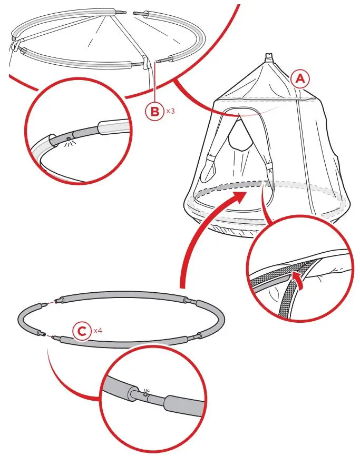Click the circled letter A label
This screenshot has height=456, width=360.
pos(300,78)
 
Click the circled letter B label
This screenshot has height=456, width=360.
pos(155,111)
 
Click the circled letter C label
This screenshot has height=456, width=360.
pos(82,331)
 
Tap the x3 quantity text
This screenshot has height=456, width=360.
pos(170,111)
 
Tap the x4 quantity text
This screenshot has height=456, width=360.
pos(98,331)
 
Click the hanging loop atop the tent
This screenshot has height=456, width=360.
pos(270,57)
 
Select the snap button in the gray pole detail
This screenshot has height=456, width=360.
pos(145,394)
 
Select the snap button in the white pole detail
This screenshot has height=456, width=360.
pos(68,138)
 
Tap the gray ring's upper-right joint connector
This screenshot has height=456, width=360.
pos(191,301)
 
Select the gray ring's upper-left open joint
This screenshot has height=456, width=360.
pos(52,302)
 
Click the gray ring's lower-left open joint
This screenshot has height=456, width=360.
pos(49,335)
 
